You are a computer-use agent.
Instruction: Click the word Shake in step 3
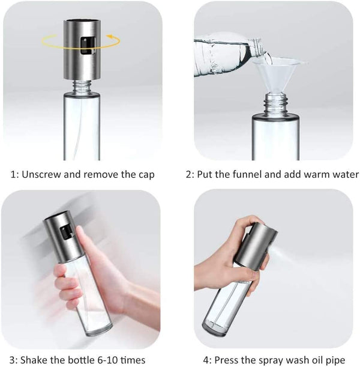(x=37, y=360)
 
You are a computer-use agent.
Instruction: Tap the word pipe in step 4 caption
(x=341, y=360)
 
